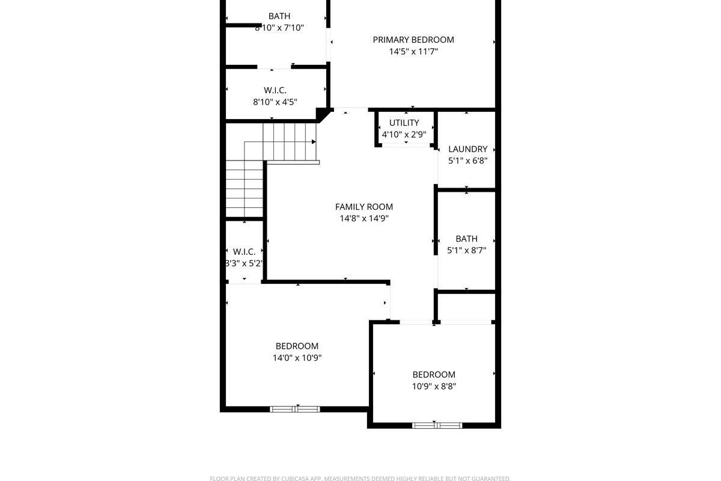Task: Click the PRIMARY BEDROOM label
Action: [x=413, y=40]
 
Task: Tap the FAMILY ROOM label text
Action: [x=364, y=207]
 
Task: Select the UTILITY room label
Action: [x=404, y=123]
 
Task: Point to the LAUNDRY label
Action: [x=467, y=149]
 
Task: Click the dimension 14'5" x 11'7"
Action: [x=413, y=52]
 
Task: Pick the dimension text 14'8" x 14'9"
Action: [x=364, y=218]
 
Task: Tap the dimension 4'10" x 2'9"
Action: [x=404, y=134]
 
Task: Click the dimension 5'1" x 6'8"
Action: [x=467, y=161]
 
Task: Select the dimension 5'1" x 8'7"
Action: [x=466, y=250]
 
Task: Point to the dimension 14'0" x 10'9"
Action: [x=297, y=358]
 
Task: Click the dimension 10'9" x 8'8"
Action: [x=434, y=386]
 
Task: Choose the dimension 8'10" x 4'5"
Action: [x=275, y=102]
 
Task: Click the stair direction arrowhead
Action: [x=314, y=142]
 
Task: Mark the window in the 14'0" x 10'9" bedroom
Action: [x=295, y=409]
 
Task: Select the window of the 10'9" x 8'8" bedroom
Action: [x=437, y=426]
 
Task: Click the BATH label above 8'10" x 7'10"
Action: [x=279, y=16]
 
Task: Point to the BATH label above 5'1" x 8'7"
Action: [x=466, y=239]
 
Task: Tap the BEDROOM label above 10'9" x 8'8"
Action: [x=434, y=375]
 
